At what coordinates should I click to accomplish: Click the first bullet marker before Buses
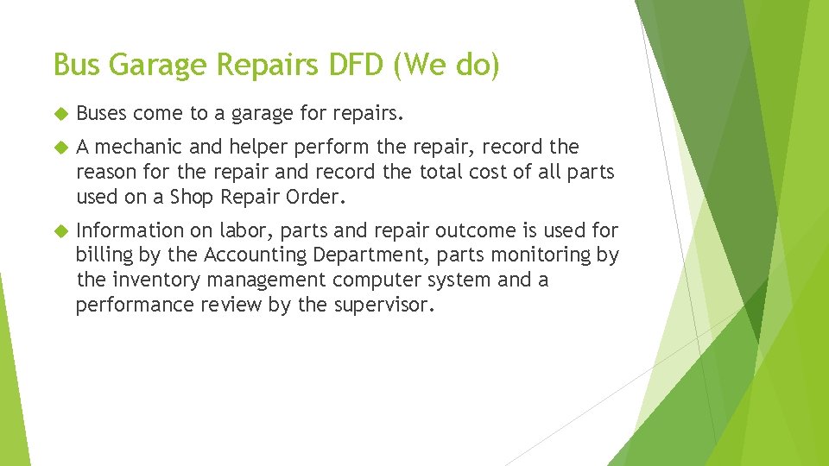click(x=60, y=114)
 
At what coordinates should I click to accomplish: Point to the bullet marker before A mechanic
click(x=60, y=148)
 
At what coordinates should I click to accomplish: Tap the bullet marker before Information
click(x=60, y=231)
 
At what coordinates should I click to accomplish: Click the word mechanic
click(x=140, y=147)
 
